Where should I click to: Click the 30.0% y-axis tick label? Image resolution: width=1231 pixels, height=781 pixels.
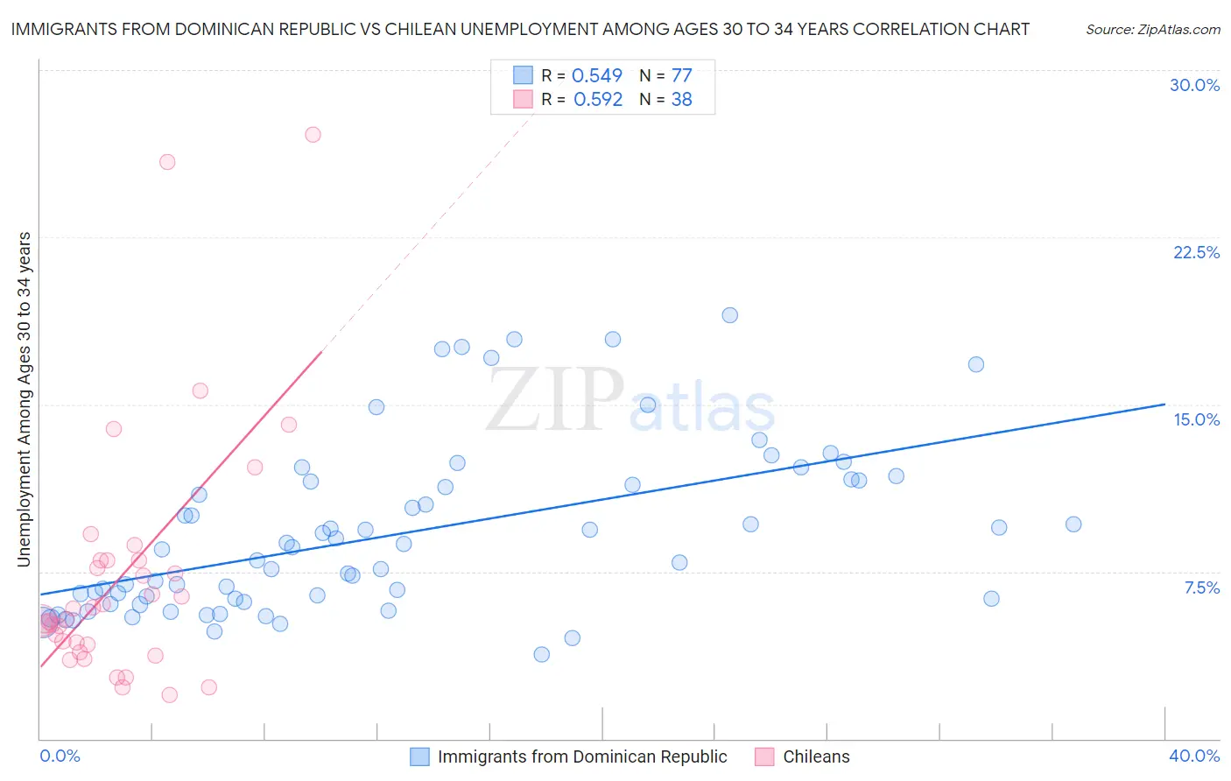point(1194,85)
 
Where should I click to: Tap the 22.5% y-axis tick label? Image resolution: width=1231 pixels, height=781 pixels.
point(1196,252)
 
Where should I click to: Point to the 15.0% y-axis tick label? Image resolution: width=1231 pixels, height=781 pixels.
point(1196,419)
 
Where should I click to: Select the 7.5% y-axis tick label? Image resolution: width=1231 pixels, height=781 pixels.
point(1201,588)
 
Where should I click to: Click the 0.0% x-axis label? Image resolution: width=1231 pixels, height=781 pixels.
point(60,756)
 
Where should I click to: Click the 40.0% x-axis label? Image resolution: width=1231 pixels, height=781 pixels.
point(1193,756)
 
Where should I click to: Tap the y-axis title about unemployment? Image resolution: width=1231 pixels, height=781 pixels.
point(24,399)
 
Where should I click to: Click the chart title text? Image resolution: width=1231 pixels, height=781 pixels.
point(520,29)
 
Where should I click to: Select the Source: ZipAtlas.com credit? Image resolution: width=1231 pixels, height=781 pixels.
point(1152,29)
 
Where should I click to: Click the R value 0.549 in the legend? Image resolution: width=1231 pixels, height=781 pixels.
point(596,76)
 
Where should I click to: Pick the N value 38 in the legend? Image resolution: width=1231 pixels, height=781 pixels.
point(681,100)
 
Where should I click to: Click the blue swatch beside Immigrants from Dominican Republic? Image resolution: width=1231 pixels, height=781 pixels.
point(419,756)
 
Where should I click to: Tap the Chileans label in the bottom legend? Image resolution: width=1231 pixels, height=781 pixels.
point(816,756)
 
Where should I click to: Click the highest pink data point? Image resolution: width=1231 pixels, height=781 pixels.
point(313,135)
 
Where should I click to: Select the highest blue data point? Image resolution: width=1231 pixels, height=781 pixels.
point(729,315)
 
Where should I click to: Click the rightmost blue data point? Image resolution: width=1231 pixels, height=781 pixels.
point(1073,524)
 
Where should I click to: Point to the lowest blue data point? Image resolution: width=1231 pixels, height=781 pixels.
point(541,654)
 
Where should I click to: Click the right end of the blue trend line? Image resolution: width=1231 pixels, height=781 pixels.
point(1164,405)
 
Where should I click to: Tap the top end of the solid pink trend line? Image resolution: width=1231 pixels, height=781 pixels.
point(322,352)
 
